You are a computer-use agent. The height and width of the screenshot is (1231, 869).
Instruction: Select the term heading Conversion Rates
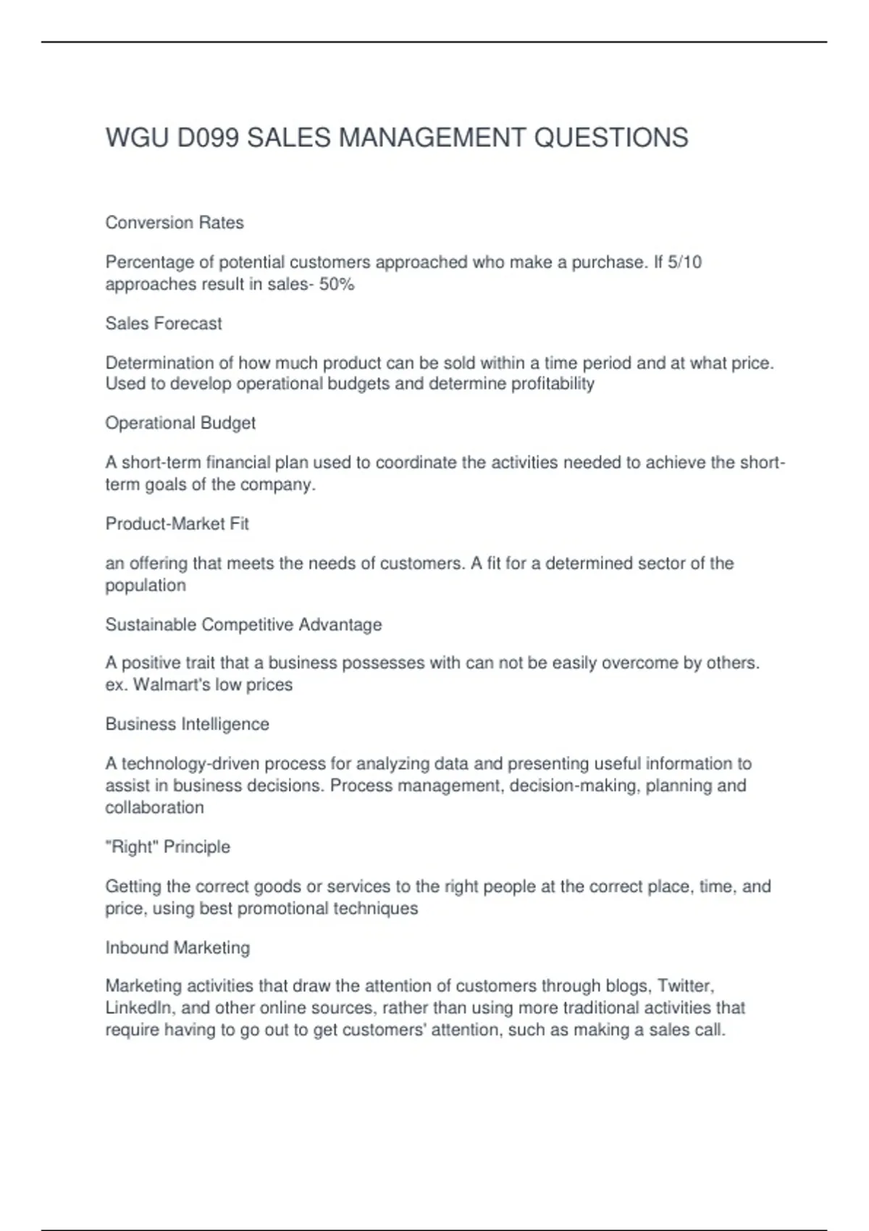click(175, 222)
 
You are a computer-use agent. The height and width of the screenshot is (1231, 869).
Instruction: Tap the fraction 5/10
click(685, 262)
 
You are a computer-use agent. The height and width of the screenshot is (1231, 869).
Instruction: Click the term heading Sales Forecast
click(164, 323)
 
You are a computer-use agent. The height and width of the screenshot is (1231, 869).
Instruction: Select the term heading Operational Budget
click(180, 423)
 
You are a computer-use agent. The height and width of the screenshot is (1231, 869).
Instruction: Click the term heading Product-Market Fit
click(177, 524)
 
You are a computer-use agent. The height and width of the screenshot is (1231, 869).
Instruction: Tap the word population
click(146, 585)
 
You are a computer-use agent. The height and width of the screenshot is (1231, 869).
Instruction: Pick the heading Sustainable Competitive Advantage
click(243, 624)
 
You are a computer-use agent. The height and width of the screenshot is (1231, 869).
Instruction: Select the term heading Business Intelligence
click(187, 724)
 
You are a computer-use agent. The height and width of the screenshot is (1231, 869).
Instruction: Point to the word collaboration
click(154, 807)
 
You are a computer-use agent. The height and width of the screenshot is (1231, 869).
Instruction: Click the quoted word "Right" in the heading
click(132, 846)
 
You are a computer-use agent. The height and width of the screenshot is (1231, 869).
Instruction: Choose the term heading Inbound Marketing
click(177, 947)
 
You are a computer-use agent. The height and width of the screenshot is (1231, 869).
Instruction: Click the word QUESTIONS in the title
click(610, 138)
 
